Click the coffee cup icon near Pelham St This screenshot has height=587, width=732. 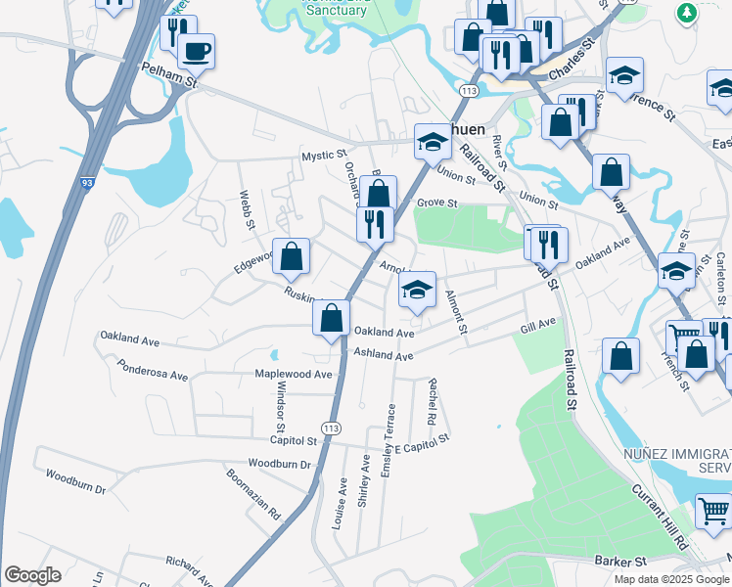click(197, 51)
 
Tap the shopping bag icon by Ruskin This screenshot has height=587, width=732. click(292, 256)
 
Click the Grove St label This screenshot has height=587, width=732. click(436, 203)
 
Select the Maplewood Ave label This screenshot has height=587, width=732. click(294, 374)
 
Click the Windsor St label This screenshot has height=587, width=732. click(279, 412)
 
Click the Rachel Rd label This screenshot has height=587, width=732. click(432, 401)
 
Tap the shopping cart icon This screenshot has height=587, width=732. click(713, 512)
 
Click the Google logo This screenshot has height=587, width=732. click(32, 575)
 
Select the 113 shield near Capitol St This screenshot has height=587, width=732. click(332, 429)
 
